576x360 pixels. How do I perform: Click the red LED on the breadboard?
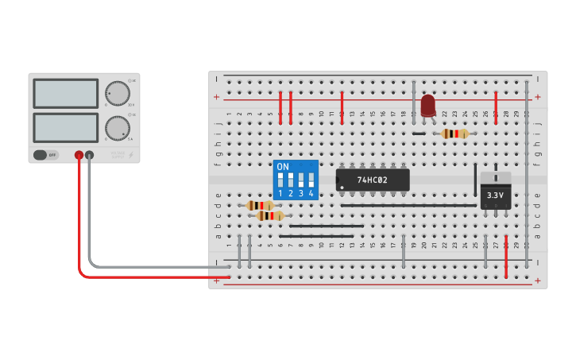428,105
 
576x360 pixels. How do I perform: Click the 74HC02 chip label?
372,180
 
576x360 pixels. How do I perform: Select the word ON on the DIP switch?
282,167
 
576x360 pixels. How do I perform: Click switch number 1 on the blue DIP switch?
280,181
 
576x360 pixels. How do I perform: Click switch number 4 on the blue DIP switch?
311,181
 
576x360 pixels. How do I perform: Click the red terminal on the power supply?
79,156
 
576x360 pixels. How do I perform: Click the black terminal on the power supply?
90,156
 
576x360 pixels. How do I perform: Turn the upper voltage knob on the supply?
118,94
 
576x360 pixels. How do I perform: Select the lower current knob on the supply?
118,128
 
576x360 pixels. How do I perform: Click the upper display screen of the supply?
66,94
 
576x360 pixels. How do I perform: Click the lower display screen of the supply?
66,127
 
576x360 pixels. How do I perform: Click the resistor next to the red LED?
454,134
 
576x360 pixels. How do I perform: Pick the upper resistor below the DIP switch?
261,205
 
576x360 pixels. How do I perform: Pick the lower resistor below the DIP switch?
270,215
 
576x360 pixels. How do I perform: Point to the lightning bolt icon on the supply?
131,156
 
